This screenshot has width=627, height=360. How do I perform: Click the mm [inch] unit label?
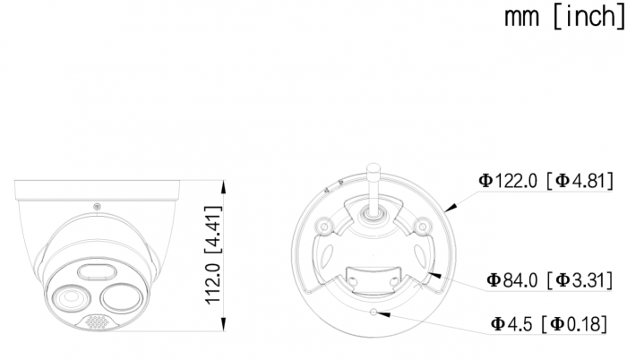(x=564, y=17)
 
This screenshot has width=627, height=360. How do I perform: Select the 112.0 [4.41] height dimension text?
(x=213, y=255)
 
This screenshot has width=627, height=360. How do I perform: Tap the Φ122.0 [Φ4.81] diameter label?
(x=545, y=181)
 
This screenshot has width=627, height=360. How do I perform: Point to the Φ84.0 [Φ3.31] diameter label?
(x=549, y=280)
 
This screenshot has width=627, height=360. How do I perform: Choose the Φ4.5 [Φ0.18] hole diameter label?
(x=548, y=323)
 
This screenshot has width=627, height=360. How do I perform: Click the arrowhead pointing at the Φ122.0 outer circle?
(x=451, y=207)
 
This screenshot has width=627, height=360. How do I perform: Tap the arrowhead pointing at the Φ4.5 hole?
(x=384, y=314)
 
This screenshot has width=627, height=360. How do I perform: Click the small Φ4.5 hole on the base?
(x=374, y=312)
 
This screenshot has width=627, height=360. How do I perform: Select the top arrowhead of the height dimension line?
(x=224, y=187)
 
